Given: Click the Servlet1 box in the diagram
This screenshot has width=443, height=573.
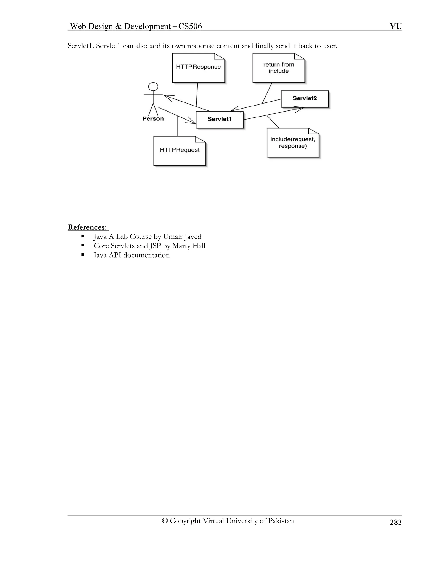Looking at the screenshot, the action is (x=220, y=120).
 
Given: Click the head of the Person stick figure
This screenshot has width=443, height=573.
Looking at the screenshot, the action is (x=153, y=86).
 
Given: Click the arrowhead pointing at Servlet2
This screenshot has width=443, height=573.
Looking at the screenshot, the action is (x=300, y=108).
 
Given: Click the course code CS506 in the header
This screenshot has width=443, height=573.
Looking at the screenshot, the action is (x=190, y=26).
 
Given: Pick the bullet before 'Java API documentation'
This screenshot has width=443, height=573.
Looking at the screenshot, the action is (x=83, y=254).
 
